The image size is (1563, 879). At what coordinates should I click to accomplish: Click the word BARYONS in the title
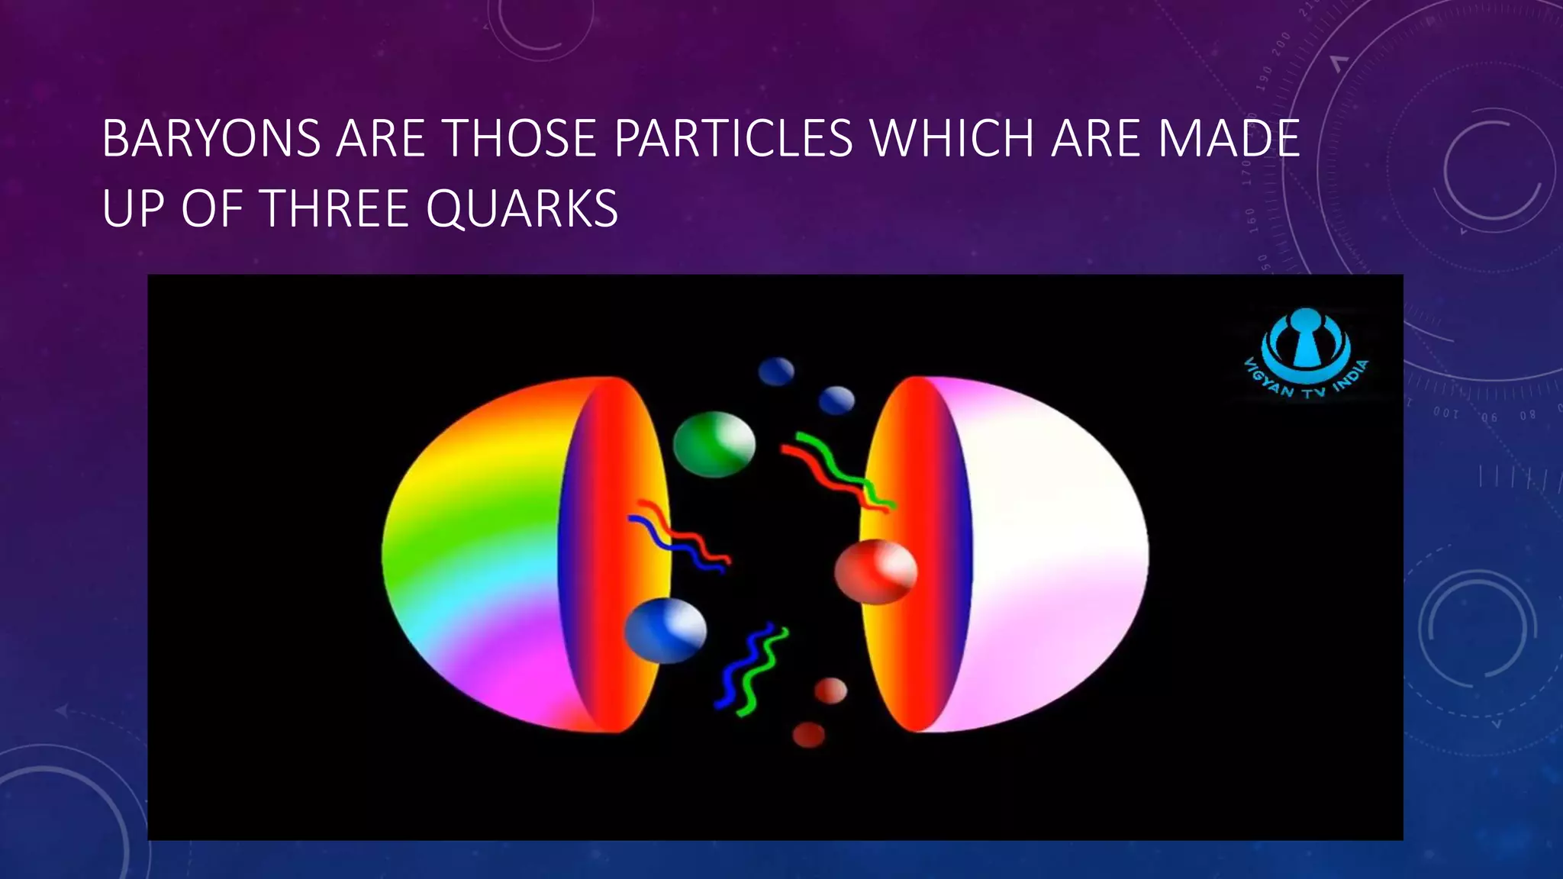(211, 139)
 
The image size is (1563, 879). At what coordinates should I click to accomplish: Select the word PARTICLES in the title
(733, 139)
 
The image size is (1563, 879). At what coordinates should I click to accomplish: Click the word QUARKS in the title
(522, 208)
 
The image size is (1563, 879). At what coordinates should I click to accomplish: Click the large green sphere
(714, 444)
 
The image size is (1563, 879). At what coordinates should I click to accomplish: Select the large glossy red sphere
(875, 572)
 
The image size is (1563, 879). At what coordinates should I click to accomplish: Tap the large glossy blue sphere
(665, 630)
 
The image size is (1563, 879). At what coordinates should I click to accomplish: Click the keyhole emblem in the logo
(1306, 340)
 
